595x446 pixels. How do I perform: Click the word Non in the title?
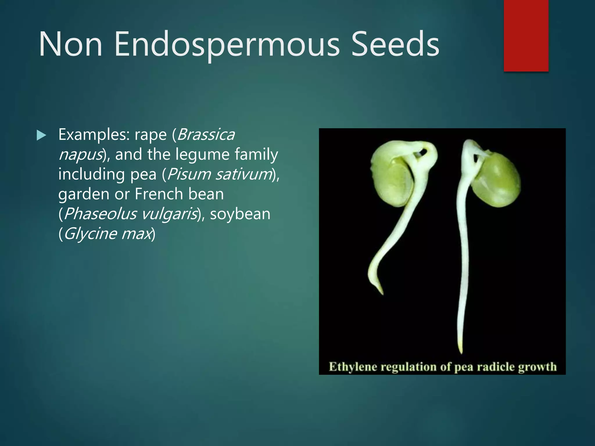[71, 44]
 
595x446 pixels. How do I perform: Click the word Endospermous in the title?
[227, 44]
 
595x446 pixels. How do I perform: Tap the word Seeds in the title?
[395, 44]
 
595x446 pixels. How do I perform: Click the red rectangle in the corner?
[526, 35]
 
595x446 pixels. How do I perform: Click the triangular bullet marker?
[41, 135]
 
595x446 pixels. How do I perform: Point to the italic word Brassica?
[206, 135]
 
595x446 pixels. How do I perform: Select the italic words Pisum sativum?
[219, 174]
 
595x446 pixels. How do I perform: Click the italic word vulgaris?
[170, 214]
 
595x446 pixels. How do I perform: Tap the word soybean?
[240, 214]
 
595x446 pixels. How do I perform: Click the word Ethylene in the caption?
[353, 367]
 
